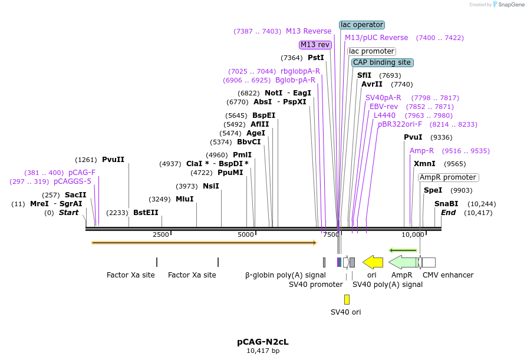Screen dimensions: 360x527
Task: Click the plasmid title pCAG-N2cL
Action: click(263, 342)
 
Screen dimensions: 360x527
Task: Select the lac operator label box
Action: click(362, 25)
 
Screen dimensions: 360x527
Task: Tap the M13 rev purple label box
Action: click(315, 45)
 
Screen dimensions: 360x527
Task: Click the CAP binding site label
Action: click(381, 62)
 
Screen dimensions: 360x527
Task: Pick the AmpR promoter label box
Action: click(448, 177)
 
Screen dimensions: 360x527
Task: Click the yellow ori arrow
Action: click(373, 262)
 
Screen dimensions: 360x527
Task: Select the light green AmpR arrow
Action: click(403, 262)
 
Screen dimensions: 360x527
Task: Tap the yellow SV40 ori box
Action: click(347, 299)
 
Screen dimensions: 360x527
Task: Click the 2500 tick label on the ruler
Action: click(161, 235)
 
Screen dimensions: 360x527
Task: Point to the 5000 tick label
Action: click(246, 235)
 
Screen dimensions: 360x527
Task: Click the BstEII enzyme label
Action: click(146, 213)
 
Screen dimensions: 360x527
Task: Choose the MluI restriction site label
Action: click(185, 199)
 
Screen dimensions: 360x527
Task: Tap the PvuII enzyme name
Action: click(113, 160)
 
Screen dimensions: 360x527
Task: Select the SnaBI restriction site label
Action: click(446, 204)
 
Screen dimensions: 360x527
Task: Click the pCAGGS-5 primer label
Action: click(73, 181)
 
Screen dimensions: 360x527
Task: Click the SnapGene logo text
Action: click(509, 5)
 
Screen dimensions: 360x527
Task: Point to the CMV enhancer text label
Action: click(448, 275)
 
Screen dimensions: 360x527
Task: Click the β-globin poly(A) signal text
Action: click(285, 275)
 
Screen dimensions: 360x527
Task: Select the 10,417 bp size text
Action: click(263, 351)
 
